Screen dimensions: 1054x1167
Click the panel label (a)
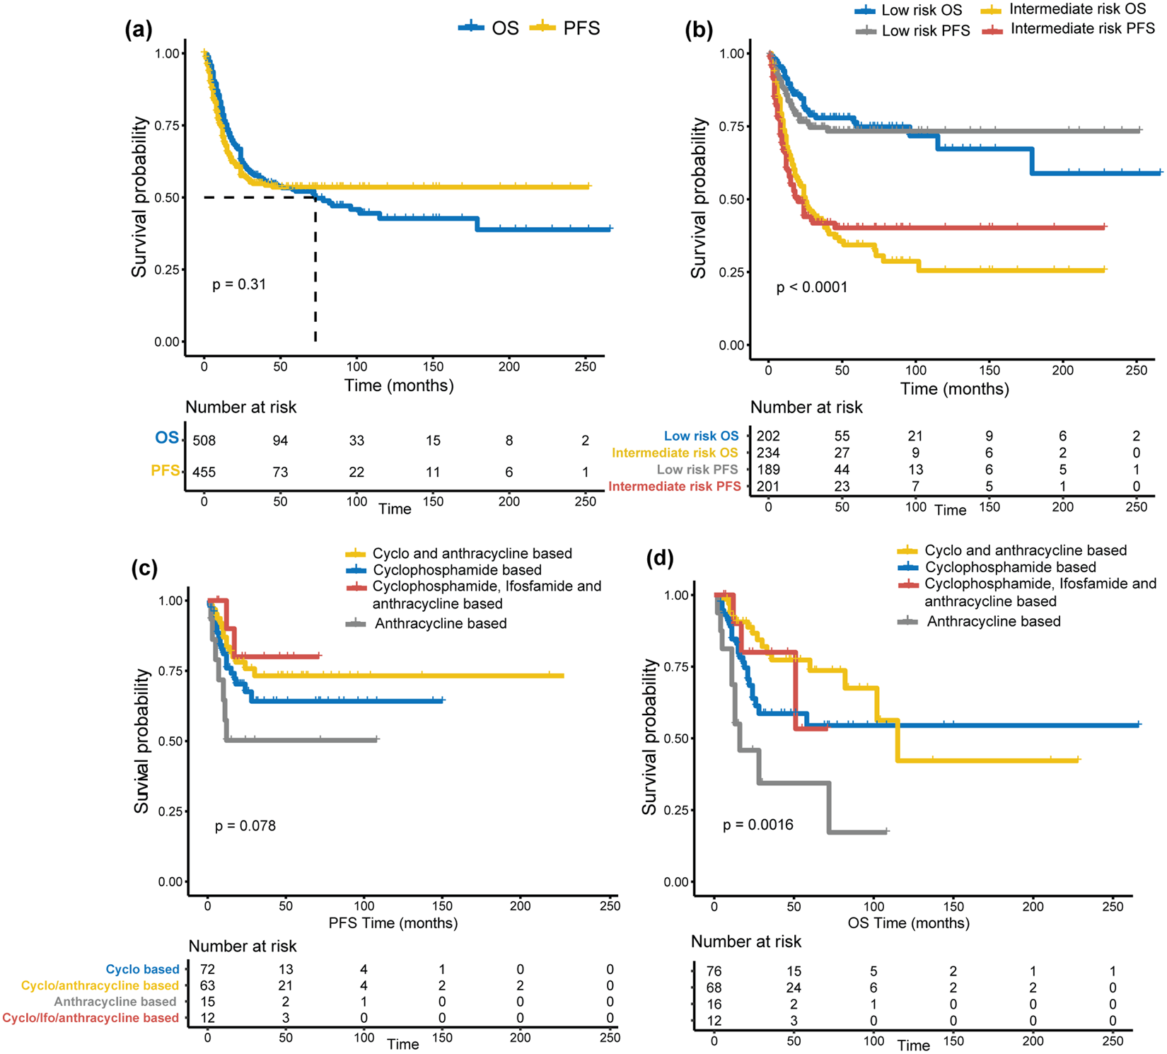[x=139, y=29]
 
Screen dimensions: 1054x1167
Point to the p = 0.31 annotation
[x=239, y=284]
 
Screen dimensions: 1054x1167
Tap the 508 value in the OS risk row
[x=204, y=441]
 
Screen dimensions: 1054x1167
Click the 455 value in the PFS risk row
[x=204, y=472]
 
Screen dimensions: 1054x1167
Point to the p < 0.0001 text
[x=811, y=287]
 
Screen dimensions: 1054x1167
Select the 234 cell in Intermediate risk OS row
[x=768, y=453]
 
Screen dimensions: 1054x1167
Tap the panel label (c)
[x=144, y=569]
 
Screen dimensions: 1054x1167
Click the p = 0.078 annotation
[x=245, y=826]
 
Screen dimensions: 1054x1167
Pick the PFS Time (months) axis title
[x=393, y=923]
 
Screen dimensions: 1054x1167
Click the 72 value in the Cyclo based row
[x=207, y=969]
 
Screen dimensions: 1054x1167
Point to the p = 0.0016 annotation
[x=757, y=825]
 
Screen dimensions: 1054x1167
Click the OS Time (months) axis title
[x=908, y=923]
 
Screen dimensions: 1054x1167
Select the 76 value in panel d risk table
[x=714, y=971]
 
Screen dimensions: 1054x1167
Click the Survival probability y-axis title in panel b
[x=699, y=198]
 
